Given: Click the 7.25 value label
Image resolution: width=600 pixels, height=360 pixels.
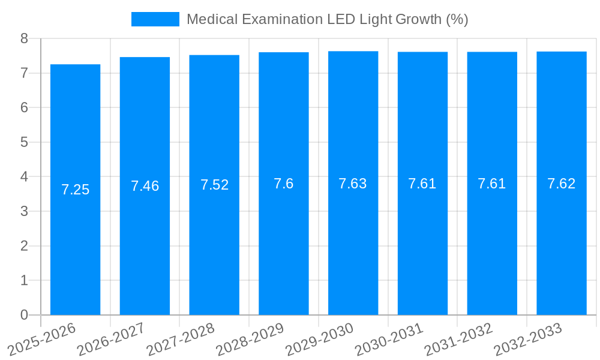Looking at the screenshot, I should [75, 190].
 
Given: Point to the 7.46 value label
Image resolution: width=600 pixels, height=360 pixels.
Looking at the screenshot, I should [145, 186].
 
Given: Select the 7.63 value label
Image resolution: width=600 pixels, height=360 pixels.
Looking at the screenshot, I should [353, 184].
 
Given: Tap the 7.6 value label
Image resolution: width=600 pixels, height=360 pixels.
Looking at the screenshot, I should [284, 184].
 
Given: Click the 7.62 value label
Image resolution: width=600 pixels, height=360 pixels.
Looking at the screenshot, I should [562, 184].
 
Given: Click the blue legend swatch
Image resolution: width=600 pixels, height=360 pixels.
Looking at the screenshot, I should [155, 19].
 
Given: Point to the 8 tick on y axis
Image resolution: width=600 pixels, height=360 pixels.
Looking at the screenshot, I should [24, 38].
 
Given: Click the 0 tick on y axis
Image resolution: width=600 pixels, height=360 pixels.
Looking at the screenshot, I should [24, 315].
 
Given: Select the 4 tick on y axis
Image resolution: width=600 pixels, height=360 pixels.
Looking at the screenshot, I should [24, 177].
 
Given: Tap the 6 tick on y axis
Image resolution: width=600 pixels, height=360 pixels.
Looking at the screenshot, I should [24, 108].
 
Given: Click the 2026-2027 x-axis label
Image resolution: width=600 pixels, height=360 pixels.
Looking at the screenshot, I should [111, 339].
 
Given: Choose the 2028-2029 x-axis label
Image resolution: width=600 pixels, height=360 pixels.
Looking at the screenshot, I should [250, 339].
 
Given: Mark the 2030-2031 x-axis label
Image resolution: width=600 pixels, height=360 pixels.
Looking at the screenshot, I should [389, 339].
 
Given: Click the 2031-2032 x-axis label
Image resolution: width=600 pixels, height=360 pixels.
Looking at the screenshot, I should [458, 339].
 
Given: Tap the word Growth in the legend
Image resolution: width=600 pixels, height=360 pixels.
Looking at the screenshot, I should [419, 19].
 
